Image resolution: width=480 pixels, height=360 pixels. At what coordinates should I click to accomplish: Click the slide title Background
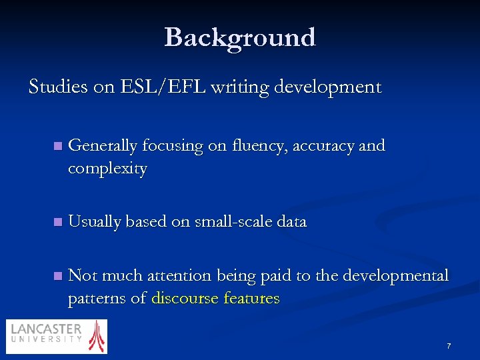click(240, 37)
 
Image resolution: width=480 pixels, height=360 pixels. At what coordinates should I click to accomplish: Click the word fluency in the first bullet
click(254, 146)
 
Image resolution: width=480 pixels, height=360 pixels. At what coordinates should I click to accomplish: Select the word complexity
click(107, 169)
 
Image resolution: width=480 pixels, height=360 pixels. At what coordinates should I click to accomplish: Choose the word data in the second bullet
click(291, 222)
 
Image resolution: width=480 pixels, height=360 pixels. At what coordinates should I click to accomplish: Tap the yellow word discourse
click(185, 299)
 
